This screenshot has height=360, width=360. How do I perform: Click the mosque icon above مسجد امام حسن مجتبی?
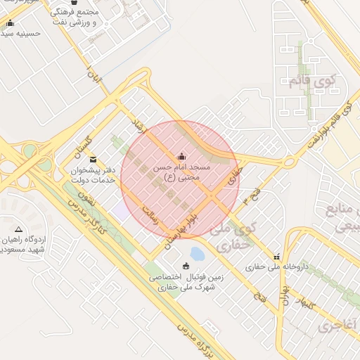click(x=182, y=156)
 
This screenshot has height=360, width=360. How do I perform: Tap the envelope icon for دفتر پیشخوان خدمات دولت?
click(x=93, y=160)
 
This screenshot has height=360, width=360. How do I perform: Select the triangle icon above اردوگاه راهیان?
click(x=18, y=230)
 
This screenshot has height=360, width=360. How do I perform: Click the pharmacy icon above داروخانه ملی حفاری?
click(x=277, y=257)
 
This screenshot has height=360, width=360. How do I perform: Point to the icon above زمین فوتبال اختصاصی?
click(x=186, y=266)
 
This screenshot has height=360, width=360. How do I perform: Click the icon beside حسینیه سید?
click(x=10, y=22)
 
